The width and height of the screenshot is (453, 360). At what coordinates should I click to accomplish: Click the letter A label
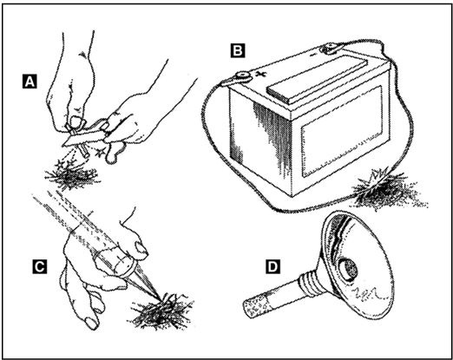click(x=30, y=81)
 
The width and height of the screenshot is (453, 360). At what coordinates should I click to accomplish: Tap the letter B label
click(x=238, y=50)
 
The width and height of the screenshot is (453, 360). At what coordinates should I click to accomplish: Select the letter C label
click(x=39, y=266)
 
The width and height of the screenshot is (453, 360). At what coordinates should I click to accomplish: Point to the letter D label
click(x=272, y=266)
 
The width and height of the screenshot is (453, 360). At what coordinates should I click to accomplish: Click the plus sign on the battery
click(x=260, y=74)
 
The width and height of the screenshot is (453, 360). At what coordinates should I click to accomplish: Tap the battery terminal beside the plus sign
click(x=242, y=77)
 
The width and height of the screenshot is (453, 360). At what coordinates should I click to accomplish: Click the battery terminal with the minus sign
click(x=329, y=49)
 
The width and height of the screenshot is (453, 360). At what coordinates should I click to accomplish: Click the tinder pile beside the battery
click(x=388, y=191)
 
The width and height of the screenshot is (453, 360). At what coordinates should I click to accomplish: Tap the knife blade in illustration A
click(x=84, y=137)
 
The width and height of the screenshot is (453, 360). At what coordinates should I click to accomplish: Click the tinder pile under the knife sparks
click(x=72, y=175)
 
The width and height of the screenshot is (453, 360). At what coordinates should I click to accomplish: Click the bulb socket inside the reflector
click(x=349, y=270)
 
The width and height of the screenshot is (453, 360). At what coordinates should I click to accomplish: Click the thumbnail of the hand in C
click(x=142, y=248)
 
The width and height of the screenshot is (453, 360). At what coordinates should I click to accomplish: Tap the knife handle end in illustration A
click(x=114, y=154)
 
